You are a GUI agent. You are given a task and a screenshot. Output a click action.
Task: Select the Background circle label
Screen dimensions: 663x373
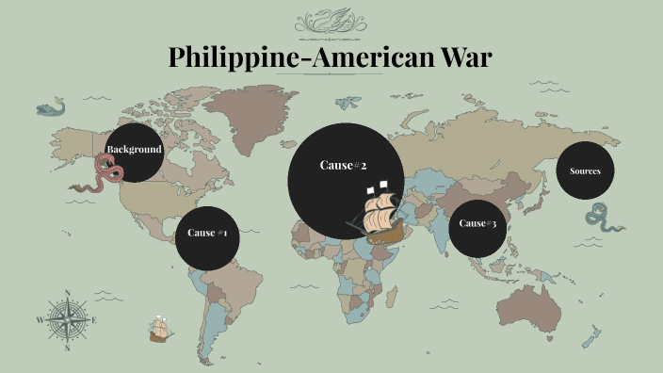click(134, 150)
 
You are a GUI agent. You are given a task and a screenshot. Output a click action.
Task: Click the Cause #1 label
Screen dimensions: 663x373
click(207, 233)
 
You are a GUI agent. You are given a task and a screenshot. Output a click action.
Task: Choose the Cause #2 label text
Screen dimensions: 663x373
click(343, 166)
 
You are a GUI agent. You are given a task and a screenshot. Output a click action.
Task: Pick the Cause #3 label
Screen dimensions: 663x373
click(477, 223)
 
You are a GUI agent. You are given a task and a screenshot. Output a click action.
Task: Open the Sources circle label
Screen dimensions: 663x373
click(585, 170)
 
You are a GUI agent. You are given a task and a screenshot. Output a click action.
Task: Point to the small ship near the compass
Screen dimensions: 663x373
click(159, 330)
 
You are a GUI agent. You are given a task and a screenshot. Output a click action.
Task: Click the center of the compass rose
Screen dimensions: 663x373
click(68, 318)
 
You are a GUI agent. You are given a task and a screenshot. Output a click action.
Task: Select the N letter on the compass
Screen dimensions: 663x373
click(68, 292)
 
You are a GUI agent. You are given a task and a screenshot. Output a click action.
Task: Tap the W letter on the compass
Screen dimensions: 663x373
click(40, 320)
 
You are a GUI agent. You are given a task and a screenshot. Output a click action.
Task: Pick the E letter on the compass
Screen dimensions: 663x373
click(95, 320)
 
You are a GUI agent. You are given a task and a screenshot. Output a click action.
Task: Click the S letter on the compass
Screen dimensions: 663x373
click(68, 347)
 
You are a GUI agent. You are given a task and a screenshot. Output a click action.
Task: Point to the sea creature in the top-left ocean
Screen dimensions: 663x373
click(50, 108)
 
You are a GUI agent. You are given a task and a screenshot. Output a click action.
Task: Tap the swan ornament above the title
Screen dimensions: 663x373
click(331, 21)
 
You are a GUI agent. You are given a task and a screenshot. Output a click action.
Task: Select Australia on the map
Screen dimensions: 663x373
click(532, 303)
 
